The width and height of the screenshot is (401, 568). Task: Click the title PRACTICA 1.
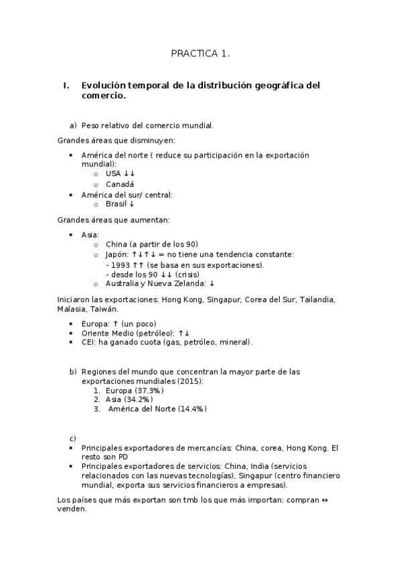(200, 54)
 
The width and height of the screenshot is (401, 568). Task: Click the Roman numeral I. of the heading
(66, 86)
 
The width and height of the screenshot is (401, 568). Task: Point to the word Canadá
(120, 184)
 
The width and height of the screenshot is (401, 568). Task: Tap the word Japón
(116, 255)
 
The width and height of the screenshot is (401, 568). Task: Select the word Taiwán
(104, 309)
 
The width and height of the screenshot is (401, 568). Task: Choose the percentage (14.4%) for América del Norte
(192, 409)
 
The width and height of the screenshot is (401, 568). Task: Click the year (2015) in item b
(190, 380)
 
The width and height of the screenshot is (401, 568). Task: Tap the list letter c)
(73, 437)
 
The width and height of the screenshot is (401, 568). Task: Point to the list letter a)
(73, 125)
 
